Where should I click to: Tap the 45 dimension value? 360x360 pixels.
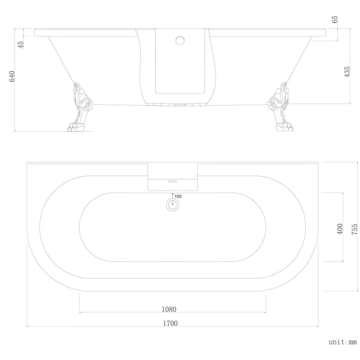[21, 44]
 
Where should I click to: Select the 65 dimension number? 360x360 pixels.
[335, 20]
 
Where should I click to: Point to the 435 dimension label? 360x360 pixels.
[347, 72]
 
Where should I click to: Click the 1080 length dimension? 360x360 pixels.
[169, 309]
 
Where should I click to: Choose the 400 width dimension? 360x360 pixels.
[340, 228]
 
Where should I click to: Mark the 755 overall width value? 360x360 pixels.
[354, 228]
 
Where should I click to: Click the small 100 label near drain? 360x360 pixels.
[178, 196]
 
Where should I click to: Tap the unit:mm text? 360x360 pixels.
[342, 343]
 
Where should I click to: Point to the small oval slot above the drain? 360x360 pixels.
[172, 179]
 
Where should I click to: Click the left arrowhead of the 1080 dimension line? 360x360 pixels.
[81, 312]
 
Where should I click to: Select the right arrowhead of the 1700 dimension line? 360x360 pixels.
[317, 327]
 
